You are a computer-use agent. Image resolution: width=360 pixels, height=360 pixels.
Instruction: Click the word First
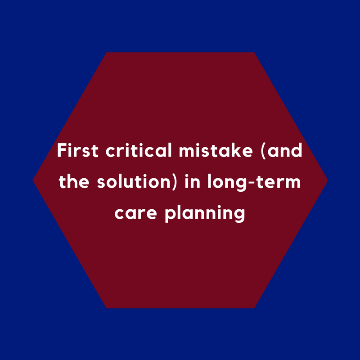78,150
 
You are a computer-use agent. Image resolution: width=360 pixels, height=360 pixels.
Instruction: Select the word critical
139,150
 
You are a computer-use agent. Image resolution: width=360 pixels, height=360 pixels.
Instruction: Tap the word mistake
216,150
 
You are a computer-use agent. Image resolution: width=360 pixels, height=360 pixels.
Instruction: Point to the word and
285,150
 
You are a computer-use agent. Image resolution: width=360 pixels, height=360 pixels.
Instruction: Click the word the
74,181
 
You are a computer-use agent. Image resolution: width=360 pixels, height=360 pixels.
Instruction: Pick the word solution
134,181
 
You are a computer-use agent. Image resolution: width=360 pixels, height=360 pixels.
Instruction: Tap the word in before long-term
193,181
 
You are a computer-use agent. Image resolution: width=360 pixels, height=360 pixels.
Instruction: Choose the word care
135,213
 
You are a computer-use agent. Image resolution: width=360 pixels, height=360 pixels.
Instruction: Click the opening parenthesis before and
263,151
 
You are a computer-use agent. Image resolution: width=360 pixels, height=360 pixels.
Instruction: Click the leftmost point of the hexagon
33,180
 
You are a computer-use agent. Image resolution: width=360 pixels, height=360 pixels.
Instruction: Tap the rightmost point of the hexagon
328,180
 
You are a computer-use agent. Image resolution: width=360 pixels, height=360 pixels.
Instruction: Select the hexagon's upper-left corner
107,53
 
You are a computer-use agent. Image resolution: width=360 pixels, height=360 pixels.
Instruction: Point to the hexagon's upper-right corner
254,53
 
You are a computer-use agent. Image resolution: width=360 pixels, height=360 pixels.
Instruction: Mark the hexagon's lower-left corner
107,308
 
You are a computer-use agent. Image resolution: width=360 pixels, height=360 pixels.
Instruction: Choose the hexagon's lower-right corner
254,308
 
